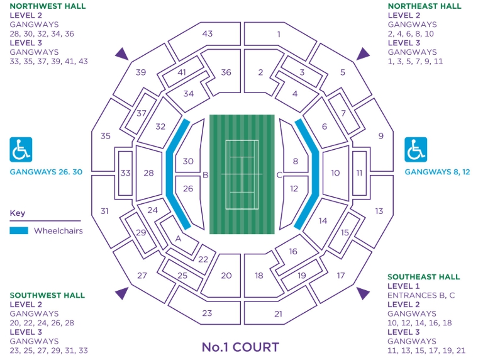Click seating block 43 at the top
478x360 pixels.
(x=208, y=33)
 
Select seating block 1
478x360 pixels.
(x=279, y=34)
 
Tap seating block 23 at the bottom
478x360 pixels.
(x=207, y=313)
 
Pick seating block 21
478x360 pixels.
(x=279, y=313)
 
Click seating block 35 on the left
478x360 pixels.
(x=106, y=135)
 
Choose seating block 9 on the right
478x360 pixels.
(x=381, y=135)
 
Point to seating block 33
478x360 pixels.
(x=125, y=173)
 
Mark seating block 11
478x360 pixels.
(x=360, y=173)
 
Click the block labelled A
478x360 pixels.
(x=178, y=238)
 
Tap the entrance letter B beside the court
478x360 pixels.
(x=205, y=176)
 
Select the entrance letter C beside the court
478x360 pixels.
(x=279, y=176)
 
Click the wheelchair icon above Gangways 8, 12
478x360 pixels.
(x=415, y=150)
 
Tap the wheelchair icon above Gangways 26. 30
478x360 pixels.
(x=21, y=150)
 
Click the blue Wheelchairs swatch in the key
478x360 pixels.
(x=19, y=230)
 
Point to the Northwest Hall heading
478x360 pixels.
(x=48, y=6)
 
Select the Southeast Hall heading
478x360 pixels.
(x=423, y=277)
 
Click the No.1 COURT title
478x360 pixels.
(x=240, y=347)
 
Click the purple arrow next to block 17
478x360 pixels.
(x=363, y=293)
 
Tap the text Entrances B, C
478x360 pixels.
(x=421, y=295)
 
